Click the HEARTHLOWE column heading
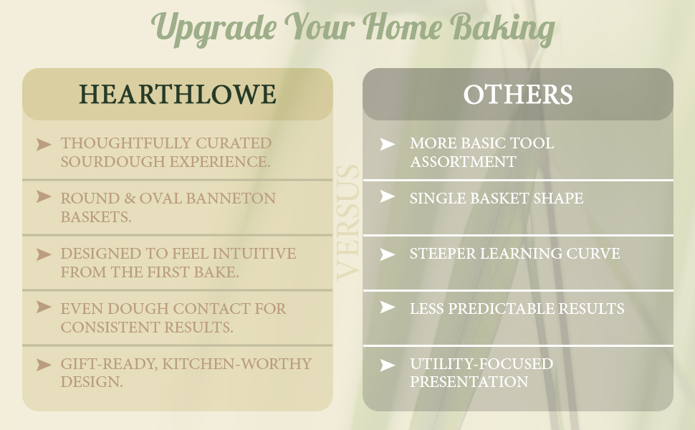(177, 95)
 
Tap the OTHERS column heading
(517, 95)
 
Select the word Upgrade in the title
(214, 29)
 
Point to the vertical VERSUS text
(348, 222)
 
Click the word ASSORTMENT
(462, 162)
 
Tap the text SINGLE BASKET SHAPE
(496, 199)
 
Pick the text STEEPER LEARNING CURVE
(514, 254)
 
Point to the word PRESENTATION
(469, 382)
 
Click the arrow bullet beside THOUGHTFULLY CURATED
(44, 144)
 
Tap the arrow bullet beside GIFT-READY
(44, 365)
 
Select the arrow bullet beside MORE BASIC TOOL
(388, 144)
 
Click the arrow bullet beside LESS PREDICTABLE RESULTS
(388, 308)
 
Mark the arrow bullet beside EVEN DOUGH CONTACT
(44, 308)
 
